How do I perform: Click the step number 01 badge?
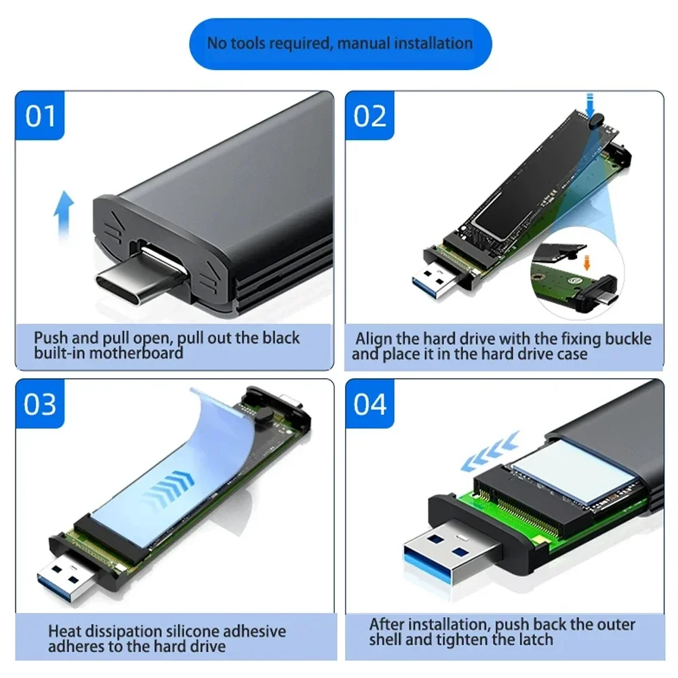click(x=40, y=116)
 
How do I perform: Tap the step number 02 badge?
click(x=370, y=116)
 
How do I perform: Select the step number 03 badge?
click(x=40, y=404)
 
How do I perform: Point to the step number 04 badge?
click(x=370, y=404)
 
